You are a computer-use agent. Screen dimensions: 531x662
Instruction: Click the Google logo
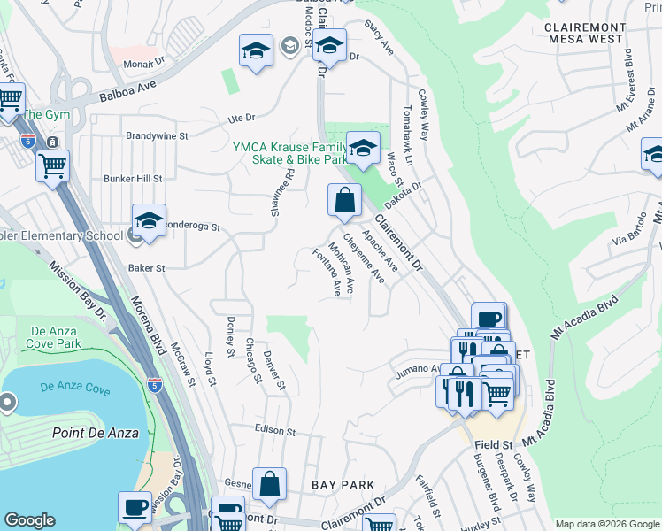tap(29, 520)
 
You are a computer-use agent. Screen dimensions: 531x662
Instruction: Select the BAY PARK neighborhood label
tap(343, 485)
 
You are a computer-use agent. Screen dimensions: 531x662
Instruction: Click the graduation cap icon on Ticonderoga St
tap(150, 221)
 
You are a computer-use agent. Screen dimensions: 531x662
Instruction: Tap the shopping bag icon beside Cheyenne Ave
tap(344, 201)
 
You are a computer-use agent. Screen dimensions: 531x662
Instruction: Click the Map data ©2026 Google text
tap(607, 524)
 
